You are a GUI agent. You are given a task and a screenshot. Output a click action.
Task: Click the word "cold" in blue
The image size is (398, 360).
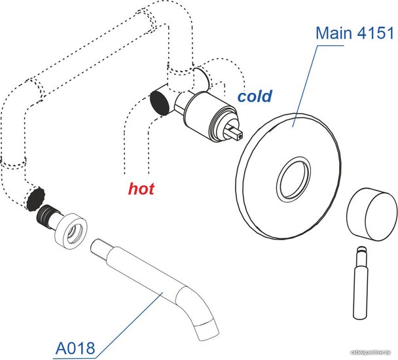pyautogui.click(x=255, y=97)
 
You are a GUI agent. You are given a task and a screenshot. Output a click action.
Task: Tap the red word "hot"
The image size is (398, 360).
pyautogui.click(x=141, y=190)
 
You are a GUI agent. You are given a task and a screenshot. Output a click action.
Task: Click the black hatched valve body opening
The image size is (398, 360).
pyautogui.click(x=158, y=101)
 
